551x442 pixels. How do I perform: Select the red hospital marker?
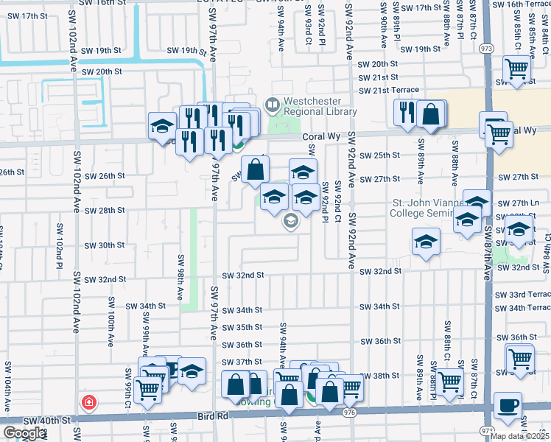(x=88, y=402)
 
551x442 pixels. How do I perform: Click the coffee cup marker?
(x=508, y=404)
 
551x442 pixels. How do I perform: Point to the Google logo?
(x=24, y=433)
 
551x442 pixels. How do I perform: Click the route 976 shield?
(x=349, y=413)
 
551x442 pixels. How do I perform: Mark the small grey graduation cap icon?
(x=291, y=220)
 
